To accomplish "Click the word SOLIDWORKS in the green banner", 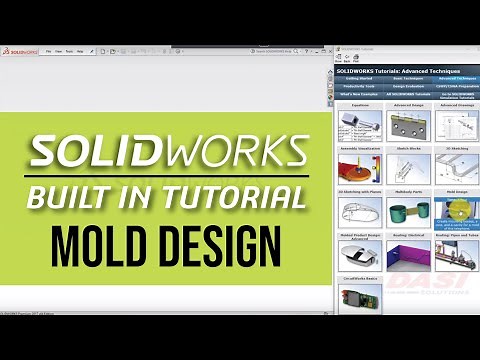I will (x=169, y=152).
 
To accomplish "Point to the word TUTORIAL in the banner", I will (x=236, y=197).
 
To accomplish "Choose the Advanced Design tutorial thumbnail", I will (x=409, y=125).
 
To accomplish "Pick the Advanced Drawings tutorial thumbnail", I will (x=457, y=125).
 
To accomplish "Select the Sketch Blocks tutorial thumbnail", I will (x=409, y=165).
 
